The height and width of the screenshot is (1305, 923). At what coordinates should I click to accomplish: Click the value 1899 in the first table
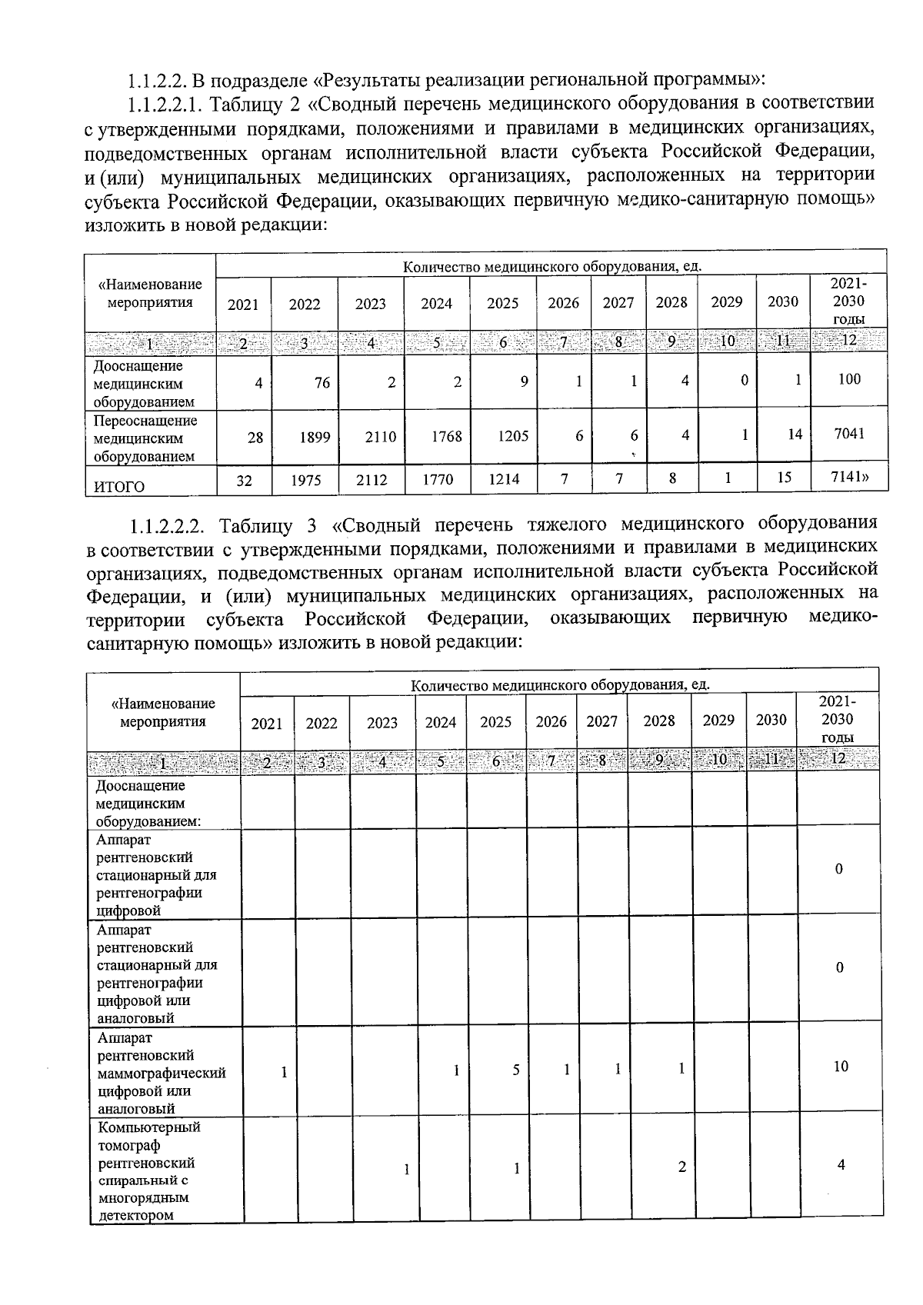pos(315,437)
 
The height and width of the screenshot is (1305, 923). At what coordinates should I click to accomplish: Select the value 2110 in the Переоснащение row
pos(380,437)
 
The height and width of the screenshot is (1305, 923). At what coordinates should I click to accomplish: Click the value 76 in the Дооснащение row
pos(322,381)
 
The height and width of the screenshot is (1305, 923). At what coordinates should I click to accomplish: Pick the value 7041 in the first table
pos(849,433)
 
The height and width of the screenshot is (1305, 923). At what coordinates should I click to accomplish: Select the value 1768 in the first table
pos(446,436)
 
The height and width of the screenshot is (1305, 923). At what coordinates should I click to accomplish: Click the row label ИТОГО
pos(119,486)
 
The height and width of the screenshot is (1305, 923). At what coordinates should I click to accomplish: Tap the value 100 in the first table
pos(849,378)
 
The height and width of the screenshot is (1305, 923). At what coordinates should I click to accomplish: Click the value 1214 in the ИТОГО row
pos(503,479)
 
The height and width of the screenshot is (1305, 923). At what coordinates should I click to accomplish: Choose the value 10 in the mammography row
pos(840,1066)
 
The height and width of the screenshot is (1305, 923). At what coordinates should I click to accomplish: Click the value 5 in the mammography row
pos(516,1070)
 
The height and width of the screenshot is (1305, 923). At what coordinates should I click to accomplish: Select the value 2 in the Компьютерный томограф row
pos(681,1167)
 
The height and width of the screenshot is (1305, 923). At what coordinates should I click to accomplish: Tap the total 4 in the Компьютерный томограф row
pos(840,1164)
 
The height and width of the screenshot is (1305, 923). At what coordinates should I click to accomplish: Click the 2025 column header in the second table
pos(495,722)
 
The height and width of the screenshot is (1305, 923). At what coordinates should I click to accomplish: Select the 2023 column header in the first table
pos(370,304)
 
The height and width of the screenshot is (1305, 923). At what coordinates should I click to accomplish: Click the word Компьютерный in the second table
pos(149,1127)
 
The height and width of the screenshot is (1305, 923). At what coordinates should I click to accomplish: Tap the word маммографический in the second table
pos(162,1073)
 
